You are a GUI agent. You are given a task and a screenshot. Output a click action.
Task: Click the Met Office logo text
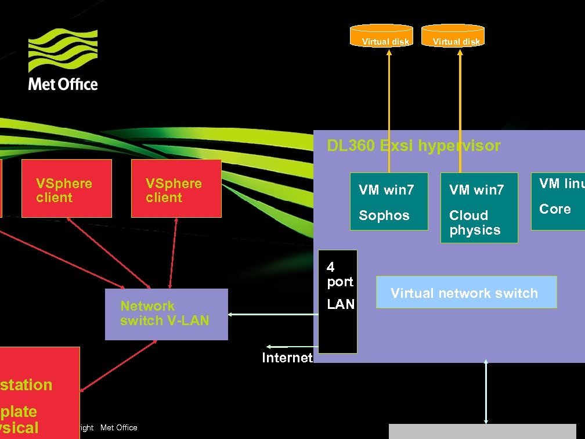[63, 84]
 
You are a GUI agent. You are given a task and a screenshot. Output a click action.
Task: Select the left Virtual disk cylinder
[382, 36]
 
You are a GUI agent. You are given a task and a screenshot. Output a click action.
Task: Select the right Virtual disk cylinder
[453, 36]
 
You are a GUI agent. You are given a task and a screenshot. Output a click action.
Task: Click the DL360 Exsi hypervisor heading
[413, 145]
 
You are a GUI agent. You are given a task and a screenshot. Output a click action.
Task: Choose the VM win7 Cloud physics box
[479, 207]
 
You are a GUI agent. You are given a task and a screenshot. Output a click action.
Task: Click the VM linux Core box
[558, 200]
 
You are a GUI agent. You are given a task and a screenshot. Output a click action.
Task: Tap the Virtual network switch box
[466, 292]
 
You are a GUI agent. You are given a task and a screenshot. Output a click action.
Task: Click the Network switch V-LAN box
[166, 314]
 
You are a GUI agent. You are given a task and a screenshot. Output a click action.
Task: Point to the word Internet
[287, 358]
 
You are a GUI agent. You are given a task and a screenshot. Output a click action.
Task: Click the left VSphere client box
[66, 189]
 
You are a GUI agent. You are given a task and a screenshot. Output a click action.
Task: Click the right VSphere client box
[176, 189]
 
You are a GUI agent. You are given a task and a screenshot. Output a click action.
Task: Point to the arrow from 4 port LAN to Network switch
[273, 314]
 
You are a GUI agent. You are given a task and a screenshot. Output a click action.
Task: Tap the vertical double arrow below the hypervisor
[486, 392]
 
